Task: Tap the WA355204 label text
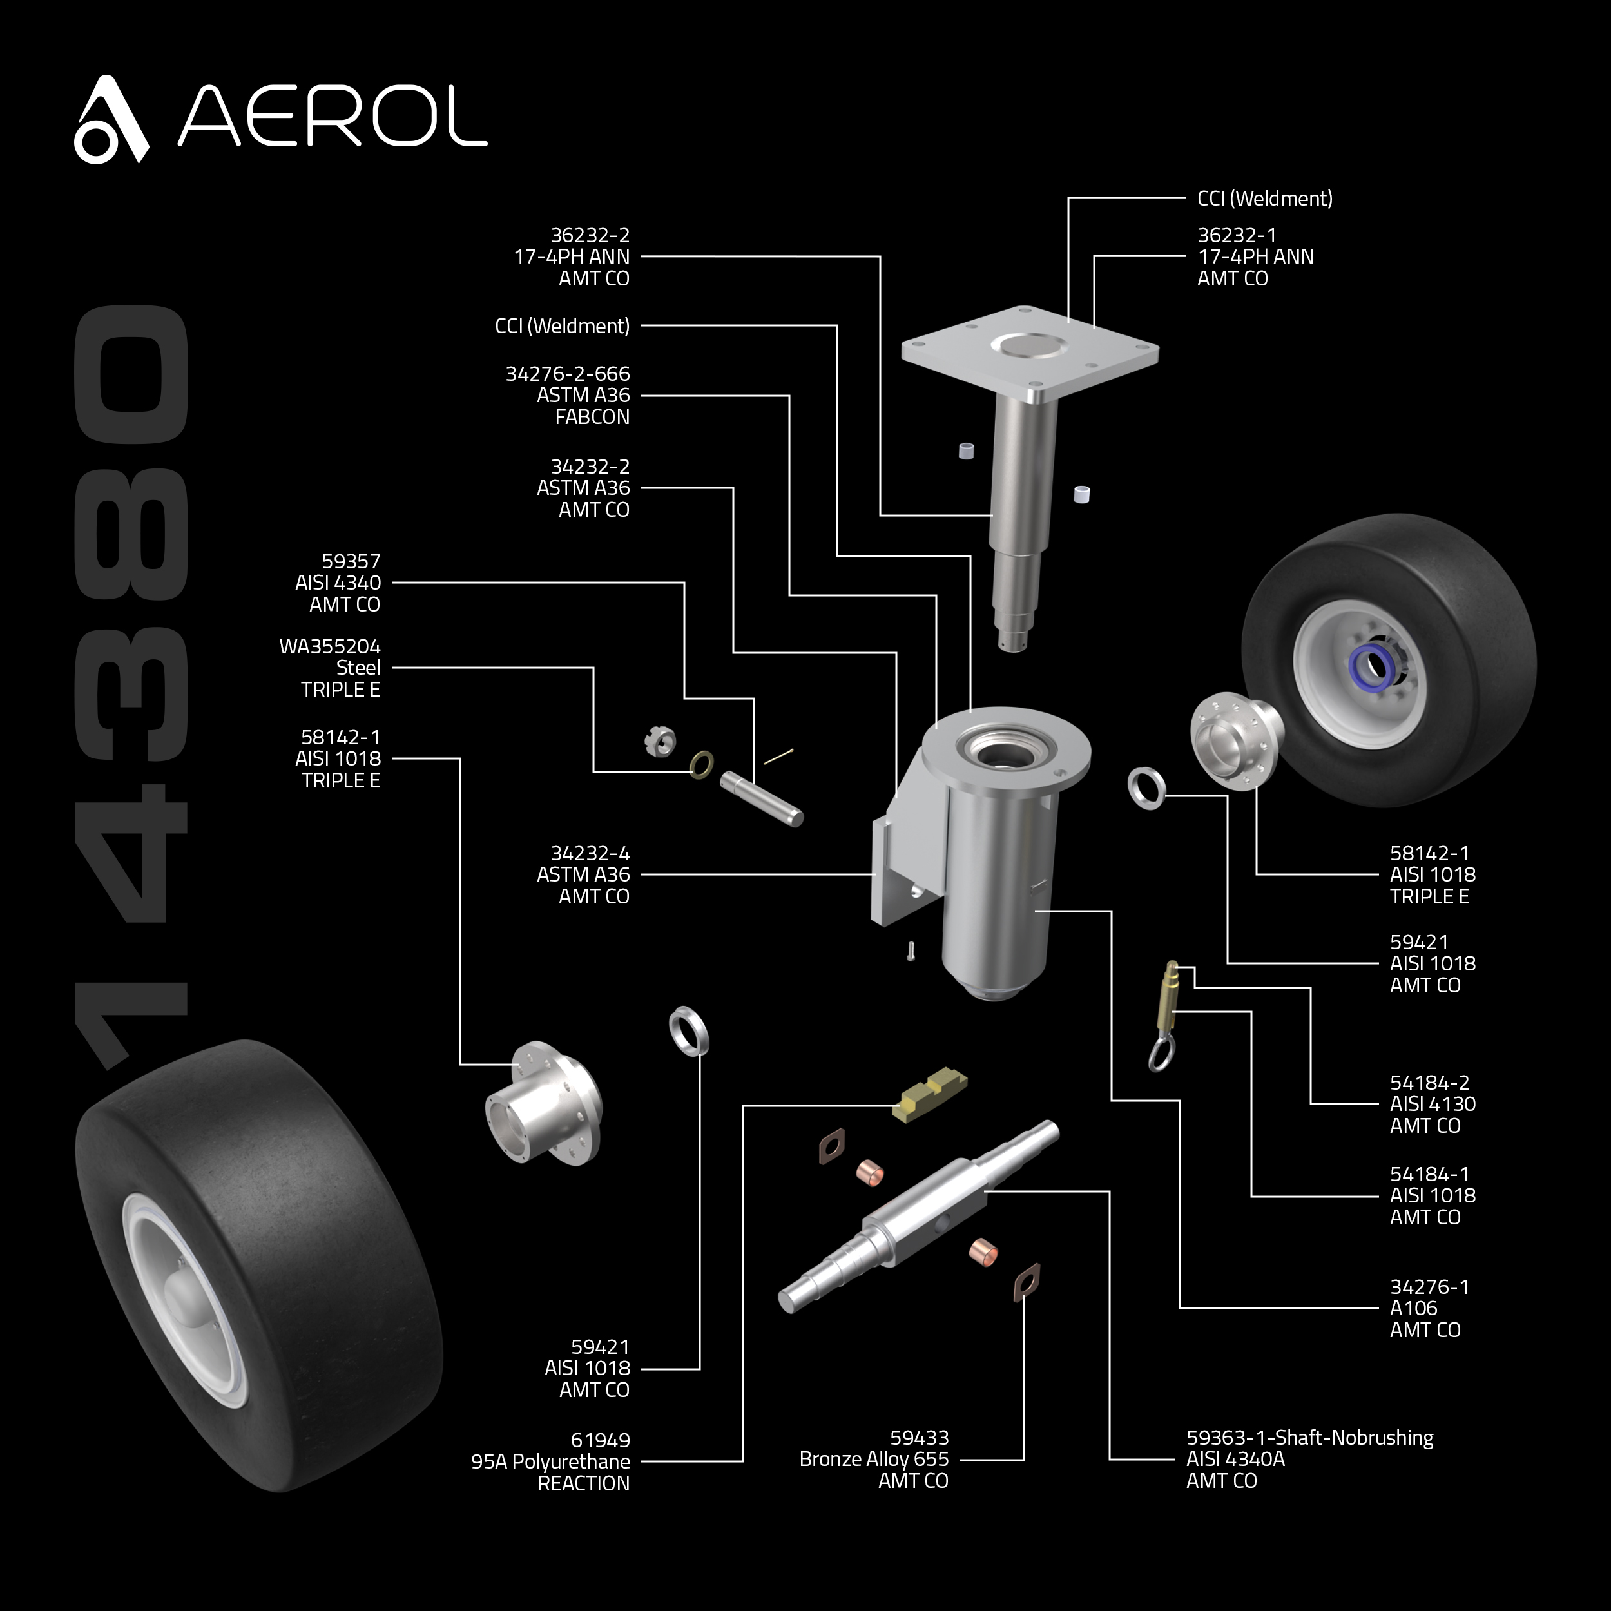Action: (329, 646)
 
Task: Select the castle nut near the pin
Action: (661, 740)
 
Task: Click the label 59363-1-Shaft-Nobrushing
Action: (1309, 1438)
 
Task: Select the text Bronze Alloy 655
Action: (873, 1459)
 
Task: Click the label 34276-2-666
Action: (567, 374)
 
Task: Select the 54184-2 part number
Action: (1429, 1083)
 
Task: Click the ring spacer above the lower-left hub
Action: (690, 1030)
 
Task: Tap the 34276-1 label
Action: (1429, 1287)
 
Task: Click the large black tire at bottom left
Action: (258, 1268)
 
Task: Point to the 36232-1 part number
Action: (1237, 235)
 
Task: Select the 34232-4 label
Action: (590, 853)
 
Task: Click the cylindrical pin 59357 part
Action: (761, 797)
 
